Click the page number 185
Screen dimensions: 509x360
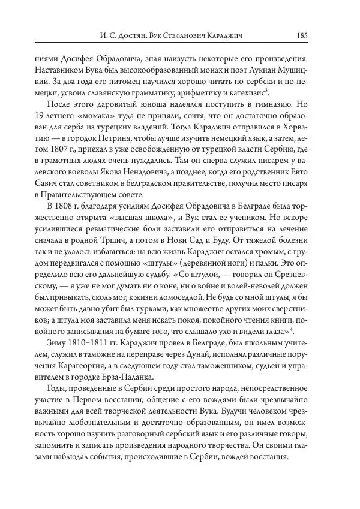point(302,35)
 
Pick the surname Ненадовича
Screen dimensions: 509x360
point(153,172)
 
